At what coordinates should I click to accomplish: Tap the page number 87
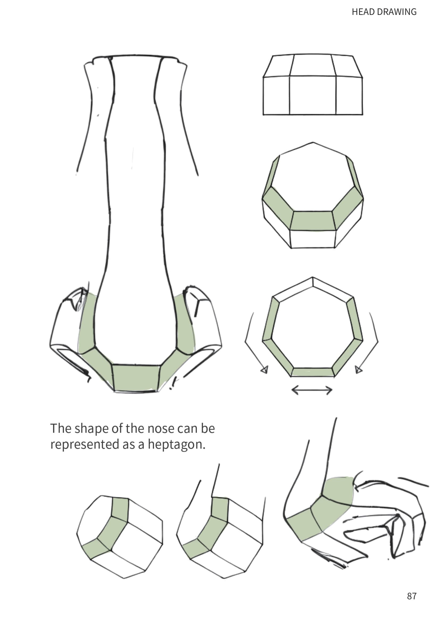pos(412,596)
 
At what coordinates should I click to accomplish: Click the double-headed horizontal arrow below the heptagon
pos(312,390)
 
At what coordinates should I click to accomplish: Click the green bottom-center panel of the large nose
pos(136,378)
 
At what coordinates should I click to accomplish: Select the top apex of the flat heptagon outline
pos(313,278)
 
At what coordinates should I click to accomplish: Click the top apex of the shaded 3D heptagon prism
pos(313,142)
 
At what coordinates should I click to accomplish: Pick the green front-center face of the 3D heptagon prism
pos(313,221)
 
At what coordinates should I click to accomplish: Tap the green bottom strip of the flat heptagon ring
pos(313,372)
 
